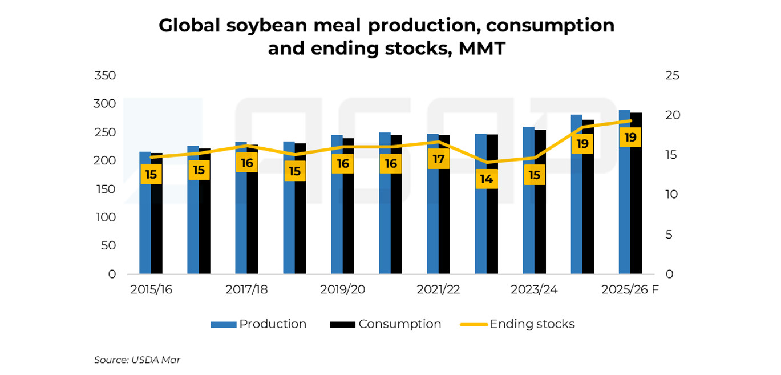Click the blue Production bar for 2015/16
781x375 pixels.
[145, 228]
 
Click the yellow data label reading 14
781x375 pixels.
[486, 179]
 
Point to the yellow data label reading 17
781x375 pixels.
[438, 159]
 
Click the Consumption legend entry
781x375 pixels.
[386, 324]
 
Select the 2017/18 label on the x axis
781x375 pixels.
[246, 290]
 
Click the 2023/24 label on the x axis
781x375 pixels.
[534, 290]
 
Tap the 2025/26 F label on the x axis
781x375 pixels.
[630, 290]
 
